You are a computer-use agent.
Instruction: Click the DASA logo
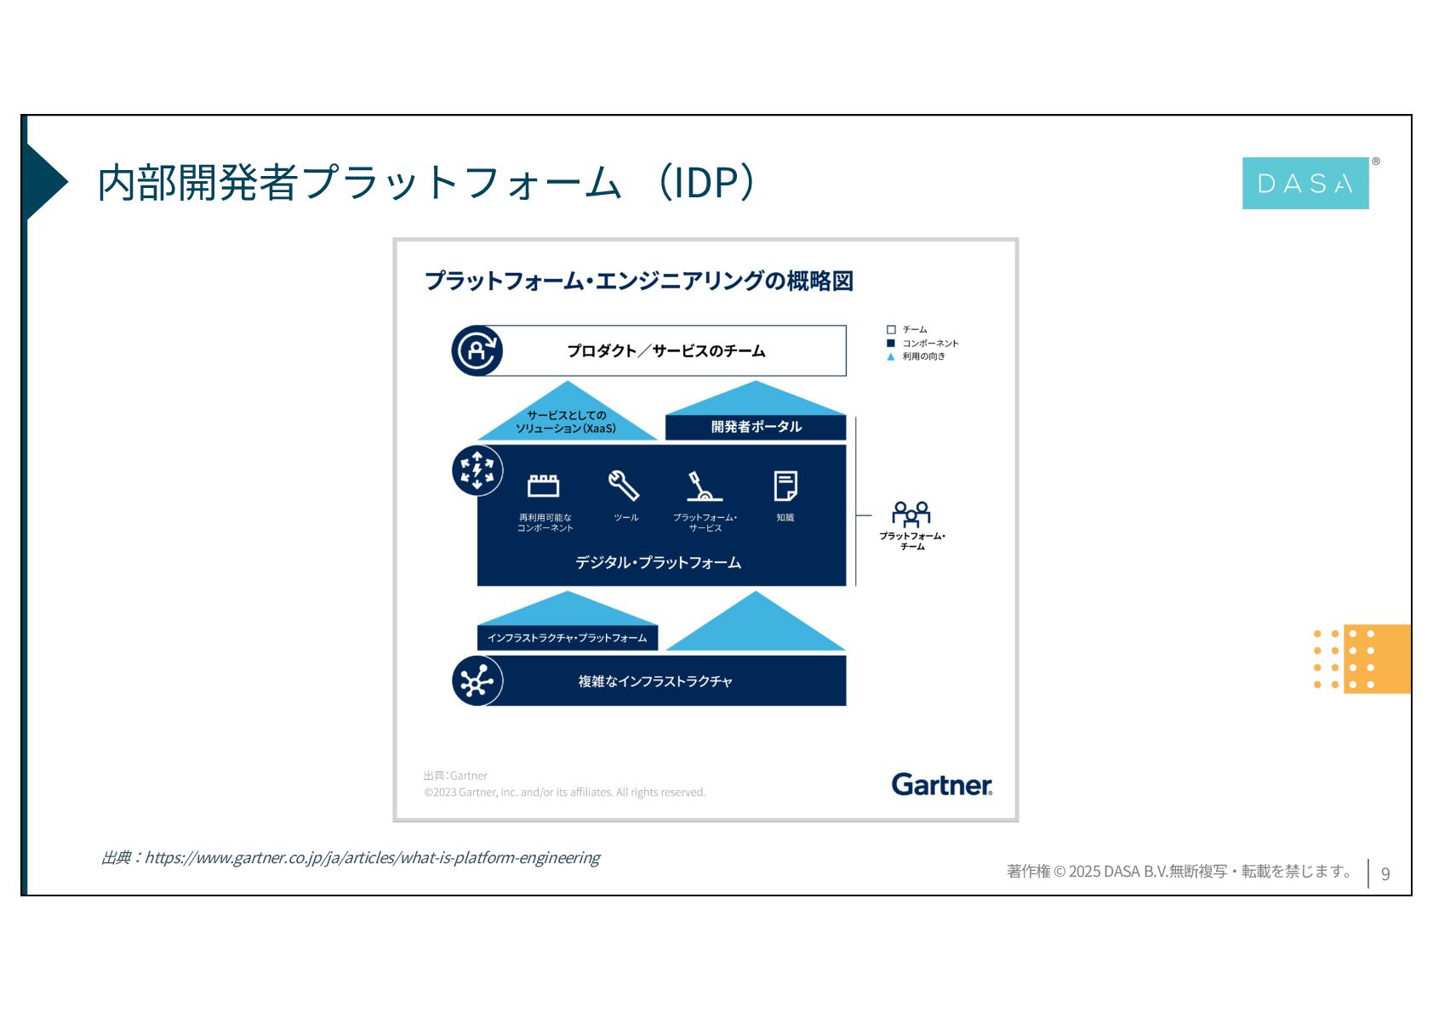[x=1305, y=183]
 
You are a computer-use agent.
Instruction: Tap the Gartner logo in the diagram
[x=941, y=784]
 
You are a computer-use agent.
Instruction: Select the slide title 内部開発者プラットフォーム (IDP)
[x=425, y=183]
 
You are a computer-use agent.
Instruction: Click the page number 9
[x=1385, y=873]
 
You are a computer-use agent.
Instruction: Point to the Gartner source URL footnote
[x=351, y=857]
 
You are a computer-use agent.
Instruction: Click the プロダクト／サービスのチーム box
[x=665, y=350]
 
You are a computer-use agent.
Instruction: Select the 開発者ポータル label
[x=756, y=427]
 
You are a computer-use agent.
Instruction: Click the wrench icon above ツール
[x=624, y=486]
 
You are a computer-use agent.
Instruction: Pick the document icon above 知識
[x=785, y=486]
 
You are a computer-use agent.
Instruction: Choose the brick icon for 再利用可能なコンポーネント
[x=544, y=486]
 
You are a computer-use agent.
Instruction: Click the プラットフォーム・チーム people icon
[x=911, y=513]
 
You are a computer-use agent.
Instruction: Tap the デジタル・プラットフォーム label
[x=658, y=562]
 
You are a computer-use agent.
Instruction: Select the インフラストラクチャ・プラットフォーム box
[x=567, y=638]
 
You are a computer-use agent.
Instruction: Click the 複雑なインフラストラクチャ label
[x=655, y=681]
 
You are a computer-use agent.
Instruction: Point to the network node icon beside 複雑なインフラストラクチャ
[x=477, y=681]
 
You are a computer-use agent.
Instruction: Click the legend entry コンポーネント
[x=930, y=344]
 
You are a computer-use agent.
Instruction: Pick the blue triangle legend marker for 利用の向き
[x=891, y=357]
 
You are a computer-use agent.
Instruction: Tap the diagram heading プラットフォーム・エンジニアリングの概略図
[x=638, y=281]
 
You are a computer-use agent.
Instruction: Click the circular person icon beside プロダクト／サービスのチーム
[x=477, y=350]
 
